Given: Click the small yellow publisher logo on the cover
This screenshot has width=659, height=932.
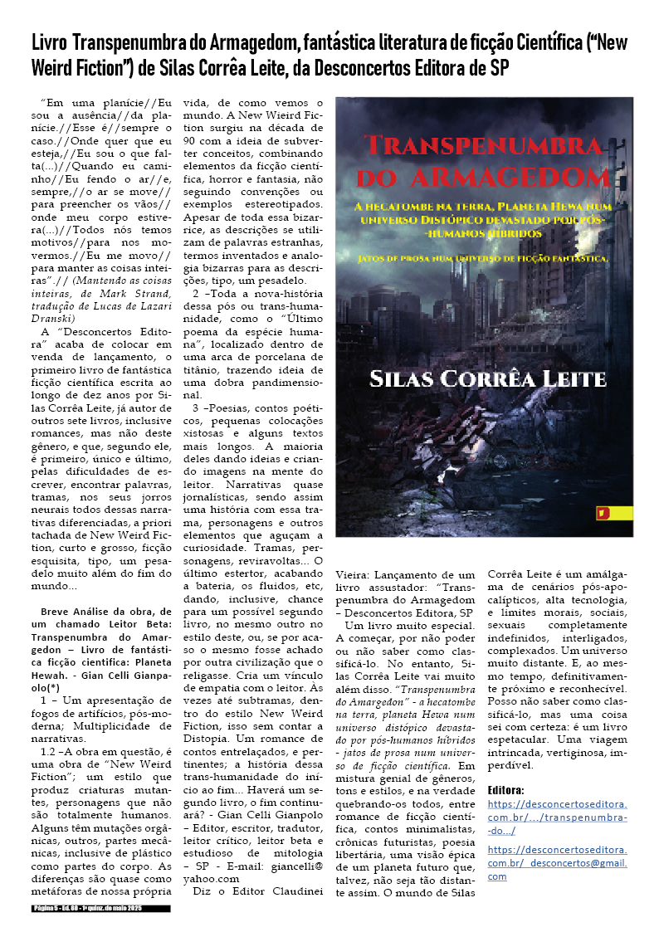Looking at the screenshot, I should click(603, 513).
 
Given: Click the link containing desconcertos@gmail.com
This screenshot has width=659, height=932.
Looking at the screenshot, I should click(557, 863).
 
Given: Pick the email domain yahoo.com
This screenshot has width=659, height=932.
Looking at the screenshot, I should click(212, 878).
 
